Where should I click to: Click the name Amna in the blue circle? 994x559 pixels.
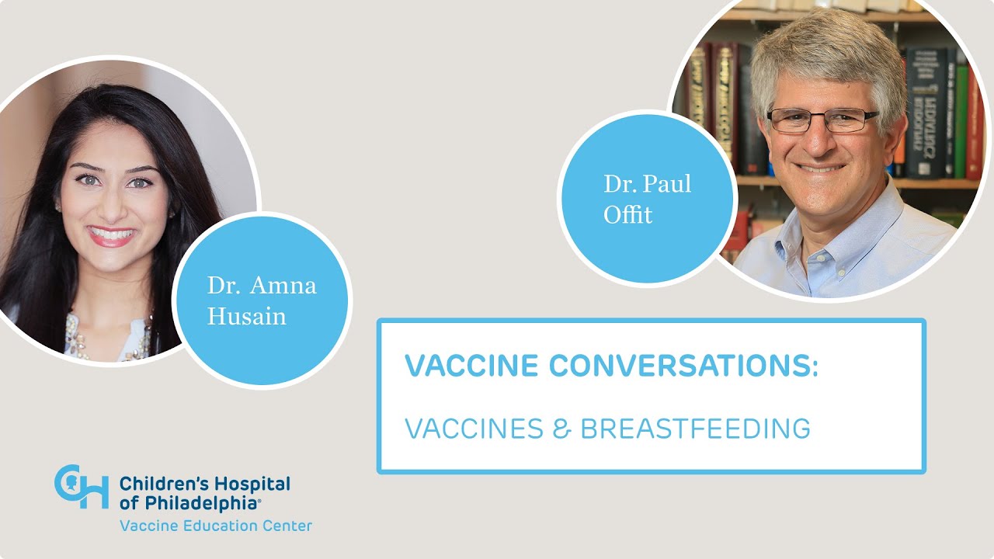coord(283,286)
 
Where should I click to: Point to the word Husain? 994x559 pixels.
coord(246,316)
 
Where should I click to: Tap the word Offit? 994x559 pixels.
coord(628,214)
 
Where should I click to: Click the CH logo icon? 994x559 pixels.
coord(81,487)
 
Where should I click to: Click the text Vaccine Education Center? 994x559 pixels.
coord(216,526)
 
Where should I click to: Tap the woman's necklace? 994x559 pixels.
coord(109,342)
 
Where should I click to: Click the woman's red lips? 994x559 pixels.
coord(112,236)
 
